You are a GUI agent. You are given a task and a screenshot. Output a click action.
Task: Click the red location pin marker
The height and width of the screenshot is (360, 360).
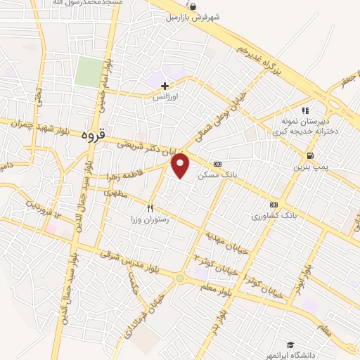coord(181,166)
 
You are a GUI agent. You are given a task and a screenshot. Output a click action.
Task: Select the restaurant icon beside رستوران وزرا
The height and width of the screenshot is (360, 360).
coord(150,208)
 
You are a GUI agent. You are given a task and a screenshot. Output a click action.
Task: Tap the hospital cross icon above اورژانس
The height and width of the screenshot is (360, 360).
coord(165,86)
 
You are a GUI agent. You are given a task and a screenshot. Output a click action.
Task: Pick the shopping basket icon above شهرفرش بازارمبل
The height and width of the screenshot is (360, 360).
coord(193,7)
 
